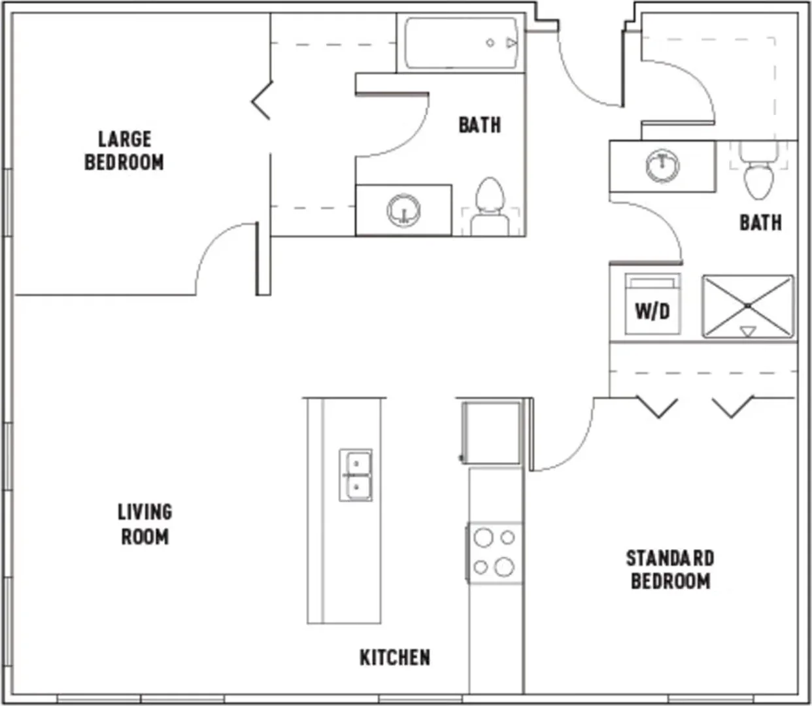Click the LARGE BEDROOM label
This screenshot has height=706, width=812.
pyautogui.click(x=124, y=151)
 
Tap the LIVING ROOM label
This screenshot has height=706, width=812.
pyautogui.click(x=145, y=524)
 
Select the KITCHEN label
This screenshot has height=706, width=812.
pyautogui.click(x=395, y=658)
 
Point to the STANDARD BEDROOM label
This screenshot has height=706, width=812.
pyautogui.click(x=670, y=570)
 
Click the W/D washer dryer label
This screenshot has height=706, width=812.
pyautogui.click(x=652, y=312)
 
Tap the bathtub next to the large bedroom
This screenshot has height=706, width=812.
pyautogui.click(x=461, y=43)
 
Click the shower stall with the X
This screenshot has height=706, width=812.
pyautogui.click(x=748, y=307)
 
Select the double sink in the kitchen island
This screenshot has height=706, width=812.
pyautogui.click(x=356, y=475)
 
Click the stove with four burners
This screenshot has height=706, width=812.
pyautogui.click(x=495, y=553)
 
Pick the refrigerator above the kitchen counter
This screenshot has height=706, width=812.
pyautogui.click(x=491, y=432)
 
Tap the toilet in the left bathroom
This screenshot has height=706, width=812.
pyautogui.click(x=490, y=207)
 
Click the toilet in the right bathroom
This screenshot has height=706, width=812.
pyautogui.click(x=758, y=171)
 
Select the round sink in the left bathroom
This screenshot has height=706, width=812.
pyautogui.click(x=403, y=210)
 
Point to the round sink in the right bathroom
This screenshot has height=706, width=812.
pyautogui.click(x=662, y=166)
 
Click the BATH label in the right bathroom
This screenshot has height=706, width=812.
pyautogui.click(x=760, y=223)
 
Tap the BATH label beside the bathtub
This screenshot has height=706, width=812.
pyautogui.click(x=479, y=125)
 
